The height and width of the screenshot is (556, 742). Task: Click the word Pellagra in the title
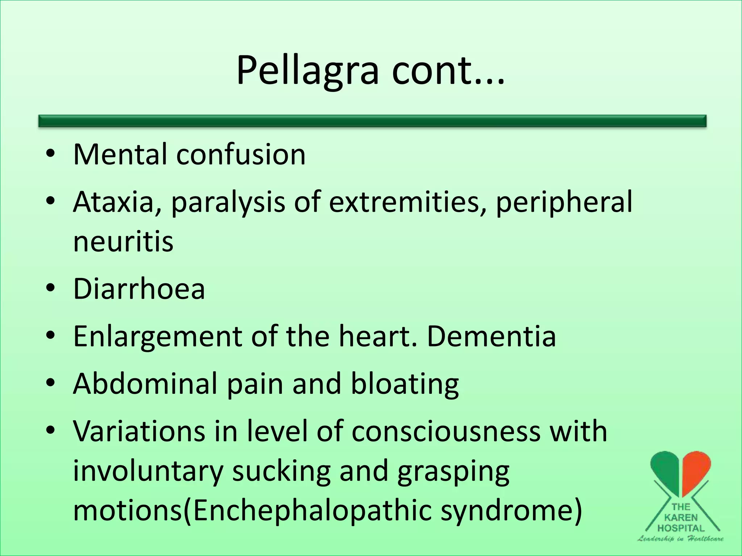click(307, 71)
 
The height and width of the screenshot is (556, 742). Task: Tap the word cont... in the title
click(448, 71)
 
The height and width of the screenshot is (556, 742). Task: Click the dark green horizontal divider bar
click(372, 121)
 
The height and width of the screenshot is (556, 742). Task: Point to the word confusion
click(241, 155)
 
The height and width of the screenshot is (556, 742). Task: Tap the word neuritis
click(123, 242)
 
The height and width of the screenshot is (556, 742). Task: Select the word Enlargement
click(157, 337)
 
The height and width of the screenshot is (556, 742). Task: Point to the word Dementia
click(491, 336)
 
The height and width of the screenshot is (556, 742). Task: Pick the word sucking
click(281, 471)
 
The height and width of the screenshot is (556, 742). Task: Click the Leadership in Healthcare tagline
click(680, 539)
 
